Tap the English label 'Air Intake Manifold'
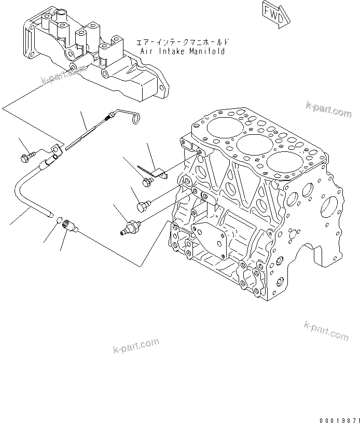coord(183,52)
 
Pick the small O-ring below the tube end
coord(59,220)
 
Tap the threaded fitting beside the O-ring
coord(69,225)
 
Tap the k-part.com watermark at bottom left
coord(135,346)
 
